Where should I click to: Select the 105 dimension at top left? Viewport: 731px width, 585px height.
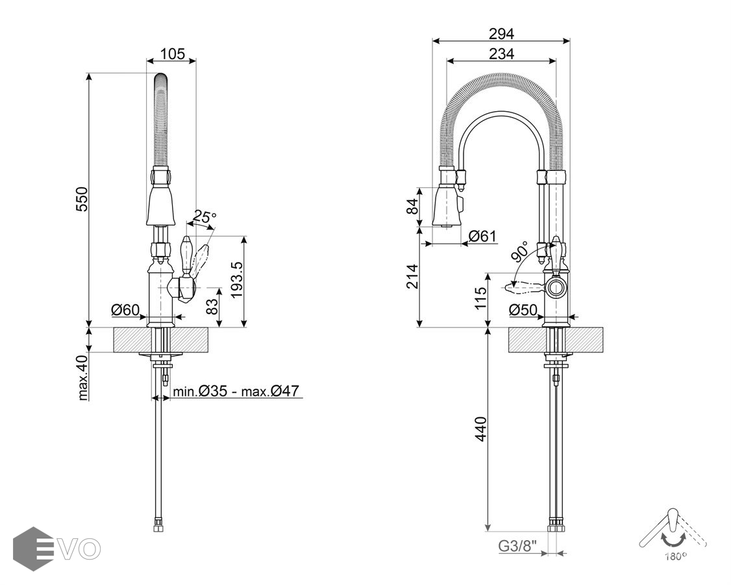click(x=172, y=53)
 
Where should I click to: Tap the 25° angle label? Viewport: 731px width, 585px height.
click(x=204, y=217)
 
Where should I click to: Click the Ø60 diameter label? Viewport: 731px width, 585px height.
click(x=125, y=310)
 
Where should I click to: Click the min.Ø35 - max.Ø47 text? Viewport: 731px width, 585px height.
click(x=235, y=391)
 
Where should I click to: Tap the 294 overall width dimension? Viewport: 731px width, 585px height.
click(x=501, y=33)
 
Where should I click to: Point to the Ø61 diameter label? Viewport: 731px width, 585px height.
click(x=482, y=236)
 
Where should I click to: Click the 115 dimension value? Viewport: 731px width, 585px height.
click(x=480, y=300)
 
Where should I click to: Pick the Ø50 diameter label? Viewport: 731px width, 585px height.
click(x=523, y=310)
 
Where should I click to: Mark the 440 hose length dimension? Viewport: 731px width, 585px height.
click(x=481, y=430)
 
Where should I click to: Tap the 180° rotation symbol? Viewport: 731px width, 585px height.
click(x=674, y=536)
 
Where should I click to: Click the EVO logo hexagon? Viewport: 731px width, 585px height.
click(x=32, y=549)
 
